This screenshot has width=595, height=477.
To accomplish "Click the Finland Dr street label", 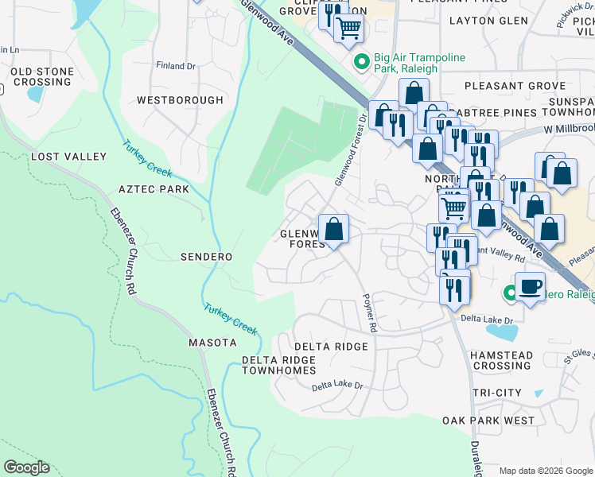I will point(175,66).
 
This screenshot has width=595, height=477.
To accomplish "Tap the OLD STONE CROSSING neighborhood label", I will point(42,77).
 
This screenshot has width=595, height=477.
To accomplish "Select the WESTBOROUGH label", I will point(180,100).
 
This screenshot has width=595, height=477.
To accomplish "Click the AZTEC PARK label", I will point(154,189).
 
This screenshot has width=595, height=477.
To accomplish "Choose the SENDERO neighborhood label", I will point(206,257).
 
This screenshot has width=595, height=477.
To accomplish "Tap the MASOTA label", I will point(212,343).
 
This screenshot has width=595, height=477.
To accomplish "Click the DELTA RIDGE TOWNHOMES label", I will point(278,366).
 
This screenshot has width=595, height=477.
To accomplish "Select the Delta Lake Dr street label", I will point(336,386).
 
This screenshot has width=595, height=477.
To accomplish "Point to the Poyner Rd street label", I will point(368,312).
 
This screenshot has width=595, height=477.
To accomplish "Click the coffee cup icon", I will point(530,287).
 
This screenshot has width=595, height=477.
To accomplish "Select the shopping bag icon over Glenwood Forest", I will point(334,230).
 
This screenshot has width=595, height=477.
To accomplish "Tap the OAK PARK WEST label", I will point(488,420).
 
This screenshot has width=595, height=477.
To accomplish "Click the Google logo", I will point(26,467).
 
